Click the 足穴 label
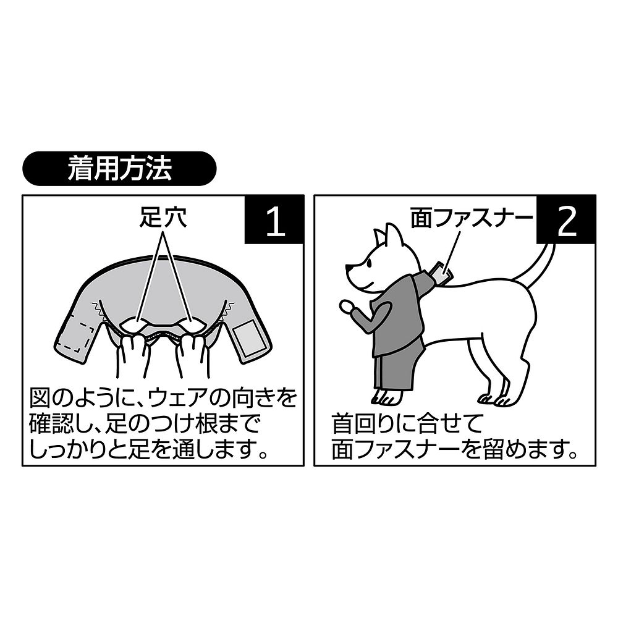tap(163, 218)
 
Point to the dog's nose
tap(349, 269)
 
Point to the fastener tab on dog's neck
tap(441, 271)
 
